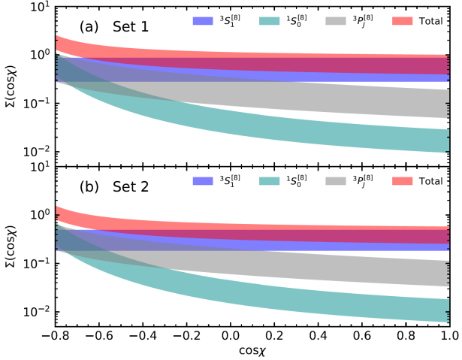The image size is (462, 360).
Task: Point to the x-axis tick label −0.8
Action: click(x=51, y=335)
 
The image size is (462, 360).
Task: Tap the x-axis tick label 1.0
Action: click(x=448, y=335)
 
